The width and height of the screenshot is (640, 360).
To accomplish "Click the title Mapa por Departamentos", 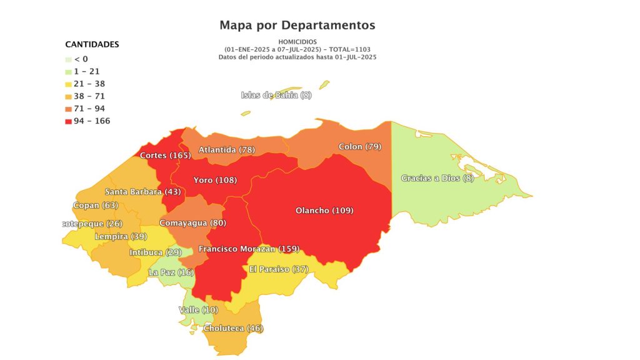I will [297, 26].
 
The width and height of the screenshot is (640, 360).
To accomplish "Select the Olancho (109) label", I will [324, 211].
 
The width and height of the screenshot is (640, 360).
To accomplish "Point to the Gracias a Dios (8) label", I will [439, 178].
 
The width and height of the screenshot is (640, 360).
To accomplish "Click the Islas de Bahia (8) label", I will [276, 95].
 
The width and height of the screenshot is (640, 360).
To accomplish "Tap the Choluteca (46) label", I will [233, 328].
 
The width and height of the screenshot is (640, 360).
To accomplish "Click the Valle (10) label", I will [198, 310].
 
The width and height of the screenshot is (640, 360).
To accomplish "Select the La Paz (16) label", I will [171, 272].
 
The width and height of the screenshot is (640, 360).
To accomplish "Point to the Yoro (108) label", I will [214, 180].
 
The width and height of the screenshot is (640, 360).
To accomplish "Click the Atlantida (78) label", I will [226, 149].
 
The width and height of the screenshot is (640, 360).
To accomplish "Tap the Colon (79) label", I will [359, 146].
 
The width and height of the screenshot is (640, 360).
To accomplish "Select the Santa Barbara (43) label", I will [142, 191].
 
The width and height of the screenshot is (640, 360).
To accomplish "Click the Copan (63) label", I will [95, 205].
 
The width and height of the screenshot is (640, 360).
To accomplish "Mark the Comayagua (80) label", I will [192, 222].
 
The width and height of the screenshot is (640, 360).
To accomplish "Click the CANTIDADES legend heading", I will [92, 45].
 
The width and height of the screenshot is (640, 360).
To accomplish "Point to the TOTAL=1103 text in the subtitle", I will [349, 49].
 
